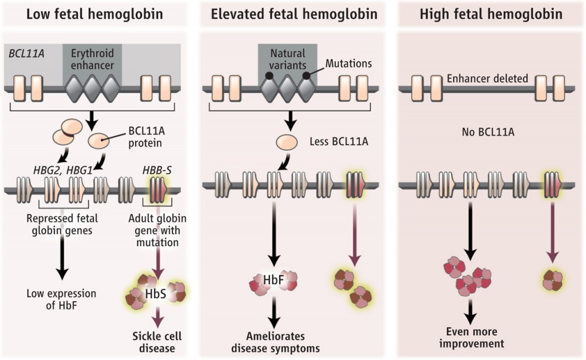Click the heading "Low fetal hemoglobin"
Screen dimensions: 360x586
pyautogui.click(x=94, y=14)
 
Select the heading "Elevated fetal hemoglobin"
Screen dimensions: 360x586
pyautogui.click(x=294, y=14)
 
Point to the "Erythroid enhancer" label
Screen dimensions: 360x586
pyautogui.click(x=92, y=58)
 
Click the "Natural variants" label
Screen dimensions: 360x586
pyautogui.click(x=288, y=58)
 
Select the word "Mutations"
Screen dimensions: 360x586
pyautogui.click(x=349, y=64)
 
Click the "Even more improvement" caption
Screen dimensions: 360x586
pyautogui.click(x=472, y=338)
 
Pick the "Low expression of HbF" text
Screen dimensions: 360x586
pyautogui.click(x=61, y=300)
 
